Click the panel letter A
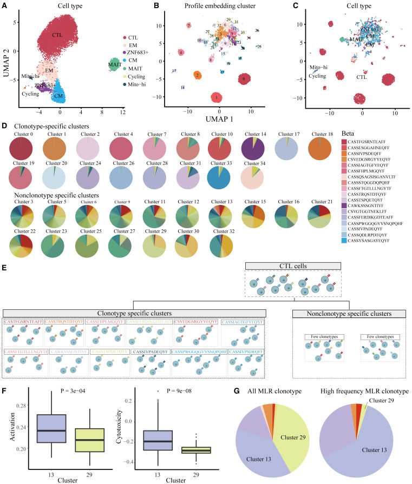pos(4,5)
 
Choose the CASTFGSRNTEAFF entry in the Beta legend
pos(373,141)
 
